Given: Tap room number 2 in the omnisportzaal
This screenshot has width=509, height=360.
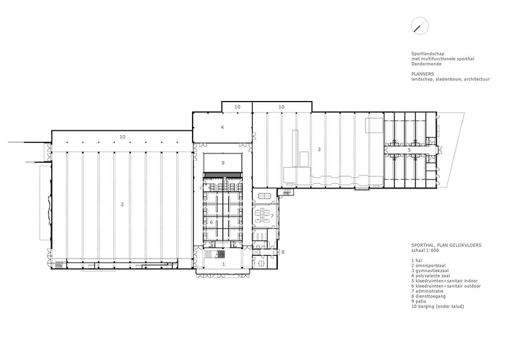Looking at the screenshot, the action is (123, 204).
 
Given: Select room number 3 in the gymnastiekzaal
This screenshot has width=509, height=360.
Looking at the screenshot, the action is (319, 150).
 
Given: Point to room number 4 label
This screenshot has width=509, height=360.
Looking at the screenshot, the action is (222, 127).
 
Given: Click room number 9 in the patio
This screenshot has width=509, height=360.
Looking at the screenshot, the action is (223, 163).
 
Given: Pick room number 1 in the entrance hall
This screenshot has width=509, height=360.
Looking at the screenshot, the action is (224, 264).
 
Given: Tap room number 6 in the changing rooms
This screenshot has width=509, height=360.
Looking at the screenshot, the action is (211, 223).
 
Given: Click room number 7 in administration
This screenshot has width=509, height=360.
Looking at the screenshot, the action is (272, 216).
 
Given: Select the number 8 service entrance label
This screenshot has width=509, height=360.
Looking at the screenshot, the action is (283, 252).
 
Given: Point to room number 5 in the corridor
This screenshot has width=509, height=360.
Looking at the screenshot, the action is (409, 150).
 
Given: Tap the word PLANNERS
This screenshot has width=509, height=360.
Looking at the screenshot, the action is (423, 74).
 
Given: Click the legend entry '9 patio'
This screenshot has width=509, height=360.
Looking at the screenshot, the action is (419, 301).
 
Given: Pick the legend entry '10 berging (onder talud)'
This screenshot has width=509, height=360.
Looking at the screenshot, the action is (438, 306).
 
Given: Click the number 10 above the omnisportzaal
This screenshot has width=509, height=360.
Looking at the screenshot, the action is (123, 137).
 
